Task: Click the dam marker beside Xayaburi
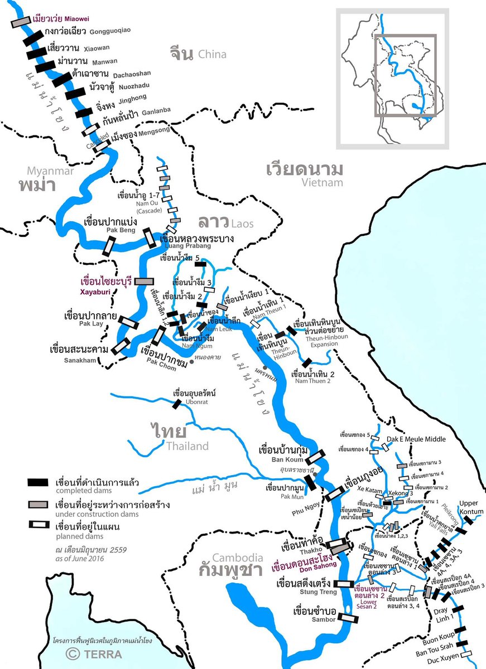pos(143,282)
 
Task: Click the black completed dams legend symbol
pos(39,482)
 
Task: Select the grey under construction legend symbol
pos(39,505)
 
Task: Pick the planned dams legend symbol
pos(39,526)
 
